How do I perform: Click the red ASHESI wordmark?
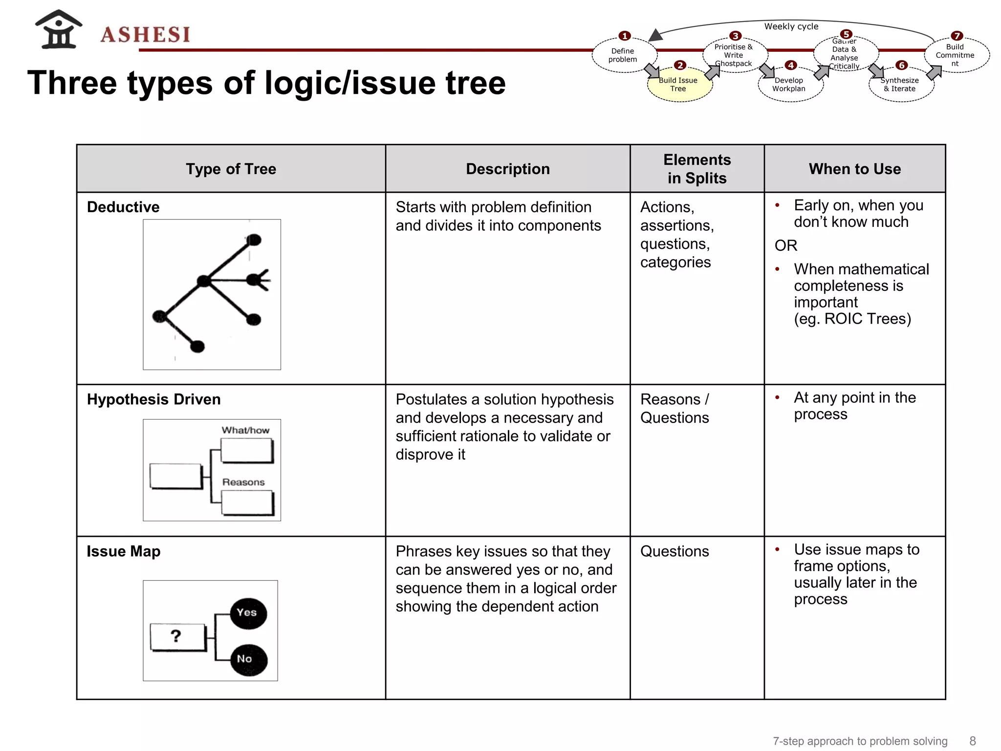point(145,35)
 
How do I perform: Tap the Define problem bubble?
point(623,55)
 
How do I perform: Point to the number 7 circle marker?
point(957,36)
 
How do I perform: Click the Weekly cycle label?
point(791,26)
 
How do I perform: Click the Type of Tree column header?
point(231,169)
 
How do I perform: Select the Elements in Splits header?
point(696,169)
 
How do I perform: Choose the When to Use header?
point(854,169)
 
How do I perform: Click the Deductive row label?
point(123,207)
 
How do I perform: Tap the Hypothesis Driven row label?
point(153,399)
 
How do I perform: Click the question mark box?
point(177,637)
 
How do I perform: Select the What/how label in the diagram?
point(245,430)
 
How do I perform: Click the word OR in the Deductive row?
point(785,245)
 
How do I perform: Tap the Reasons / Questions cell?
point(675,408)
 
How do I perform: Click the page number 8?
point(972,741)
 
